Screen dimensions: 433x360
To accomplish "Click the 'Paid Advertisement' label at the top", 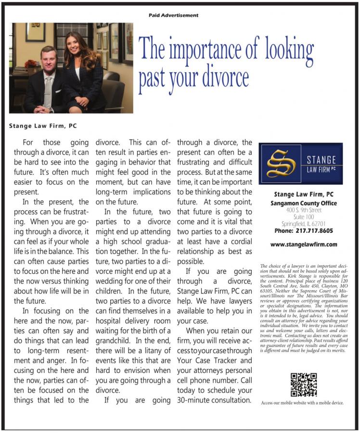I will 174,15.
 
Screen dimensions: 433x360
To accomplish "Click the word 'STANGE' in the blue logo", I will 322,160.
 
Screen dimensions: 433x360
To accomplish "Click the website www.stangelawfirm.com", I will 304,244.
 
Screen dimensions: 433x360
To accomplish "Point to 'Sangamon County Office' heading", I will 303,203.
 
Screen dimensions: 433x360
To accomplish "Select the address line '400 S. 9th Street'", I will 303,210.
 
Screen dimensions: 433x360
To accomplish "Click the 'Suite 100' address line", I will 303,216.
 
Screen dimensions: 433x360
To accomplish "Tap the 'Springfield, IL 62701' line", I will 303,223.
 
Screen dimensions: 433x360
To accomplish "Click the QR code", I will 303,384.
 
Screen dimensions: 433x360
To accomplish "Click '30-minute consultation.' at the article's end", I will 214,400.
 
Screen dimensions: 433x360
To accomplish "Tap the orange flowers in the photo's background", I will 31,64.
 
